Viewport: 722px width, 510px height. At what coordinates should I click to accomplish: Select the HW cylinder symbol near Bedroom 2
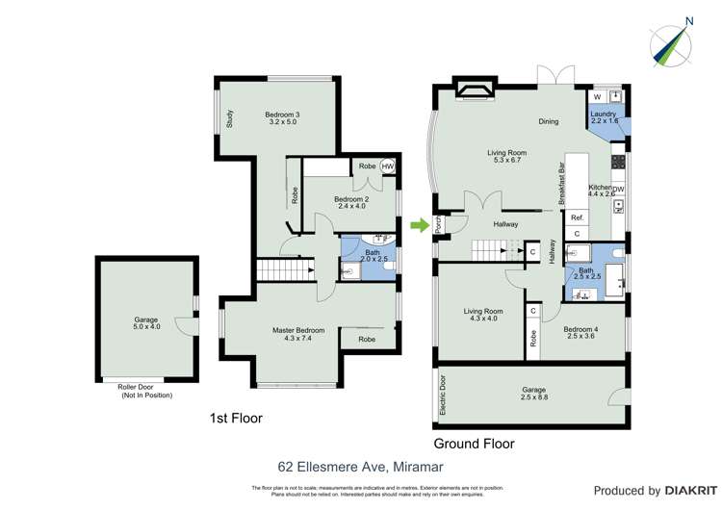point(387,166)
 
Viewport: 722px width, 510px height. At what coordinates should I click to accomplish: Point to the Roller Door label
point(144,389)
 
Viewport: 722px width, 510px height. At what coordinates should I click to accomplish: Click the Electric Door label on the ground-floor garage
point(444,394)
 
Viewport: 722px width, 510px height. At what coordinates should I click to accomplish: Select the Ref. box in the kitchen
point(578,217)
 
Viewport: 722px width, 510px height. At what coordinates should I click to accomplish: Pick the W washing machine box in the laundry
point(597,97)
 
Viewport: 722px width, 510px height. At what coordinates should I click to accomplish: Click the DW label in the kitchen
point(618,189)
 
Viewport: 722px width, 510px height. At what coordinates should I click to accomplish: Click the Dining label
point(549,122)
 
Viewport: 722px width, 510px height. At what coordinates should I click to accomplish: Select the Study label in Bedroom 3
point(230,118)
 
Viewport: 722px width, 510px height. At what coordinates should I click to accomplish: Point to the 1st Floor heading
point(236,419)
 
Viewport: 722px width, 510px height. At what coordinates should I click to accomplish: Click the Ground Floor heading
point(474,444)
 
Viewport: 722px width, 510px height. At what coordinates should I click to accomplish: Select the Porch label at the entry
point(438,225)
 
